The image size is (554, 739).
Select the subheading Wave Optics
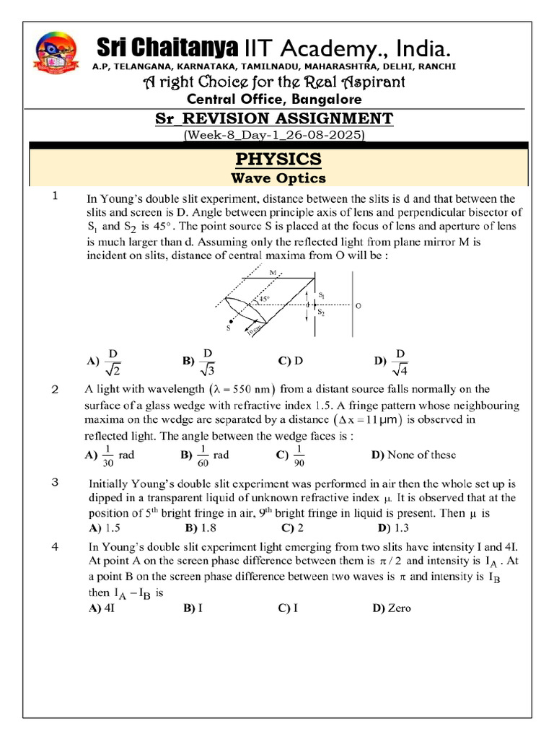click(x=278, y=178)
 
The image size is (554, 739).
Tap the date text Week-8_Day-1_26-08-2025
click(x=275, y=135)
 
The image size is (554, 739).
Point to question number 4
click(x=55, y=548)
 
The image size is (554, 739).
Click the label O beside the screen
click(x=359, y=306)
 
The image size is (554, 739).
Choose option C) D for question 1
click(x=290, y=360)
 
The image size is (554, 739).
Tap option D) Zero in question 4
click(x=392, y=608)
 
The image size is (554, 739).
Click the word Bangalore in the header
click(x=323, y=99)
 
